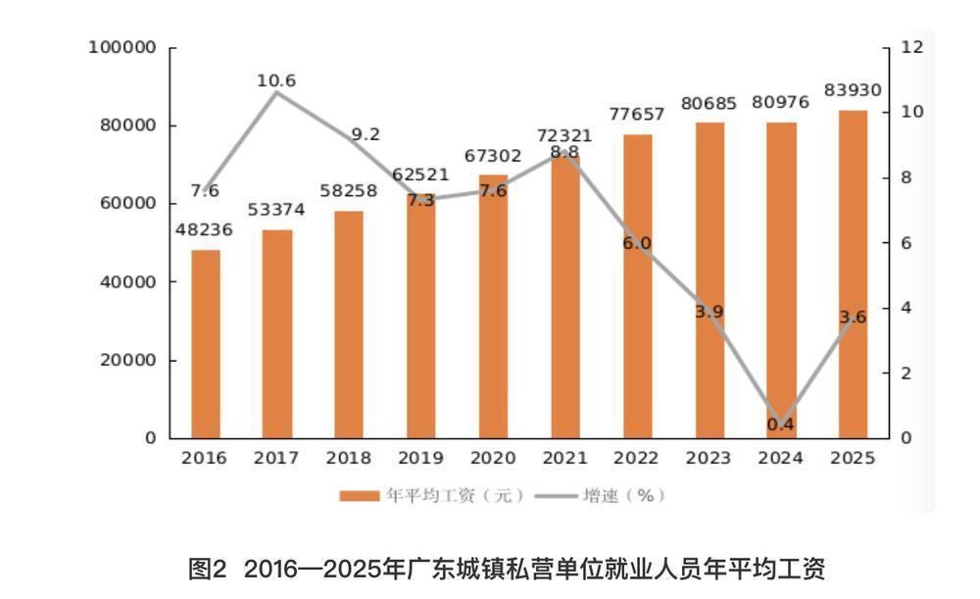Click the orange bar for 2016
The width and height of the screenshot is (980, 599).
click(x=206, y=344)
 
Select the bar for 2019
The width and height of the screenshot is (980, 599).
click(x=421, y=316)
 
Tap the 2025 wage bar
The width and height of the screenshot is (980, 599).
click(x=854, y=275)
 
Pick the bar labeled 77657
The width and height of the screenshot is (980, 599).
click(x=638, y=286)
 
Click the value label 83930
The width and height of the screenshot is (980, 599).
click(x=853, y=90)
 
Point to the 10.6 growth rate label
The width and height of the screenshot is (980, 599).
click(x=276, y=80)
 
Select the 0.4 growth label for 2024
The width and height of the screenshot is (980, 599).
click(x=781, y=424)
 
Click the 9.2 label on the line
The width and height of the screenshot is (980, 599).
click(x=366, y=134)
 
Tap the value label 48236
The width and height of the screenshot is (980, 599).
click(x=204, y=230)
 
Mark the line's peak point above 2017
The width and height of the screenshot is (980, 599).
click(x=277, y=92)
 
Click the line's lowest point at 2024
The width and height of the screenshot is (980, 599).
click(x=781, y=425)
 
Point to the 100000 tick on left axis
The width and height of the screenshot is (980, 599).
click(x=122, y=47)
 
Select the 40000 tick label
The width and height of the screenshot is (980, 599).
click(x=128, y=282)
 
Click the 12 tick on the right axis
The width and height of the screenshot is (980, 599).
click(x=911, y=47)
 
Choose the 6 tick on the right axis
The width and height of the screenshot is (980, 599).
click(x=906, y=243)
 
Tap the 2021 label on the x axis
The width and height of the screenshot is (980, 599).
click(x=565, y=458)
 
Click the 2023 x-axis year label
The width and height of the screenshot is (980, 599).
click(x=709, y=458)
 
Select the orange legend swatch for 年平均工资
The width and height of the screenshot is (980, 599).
click(x=360, y=496)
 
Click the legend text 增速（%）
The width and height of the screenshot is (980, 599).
click(x=625, y=496)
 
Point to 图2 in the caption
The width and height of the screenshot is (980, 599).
click(x=206, y=569)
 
